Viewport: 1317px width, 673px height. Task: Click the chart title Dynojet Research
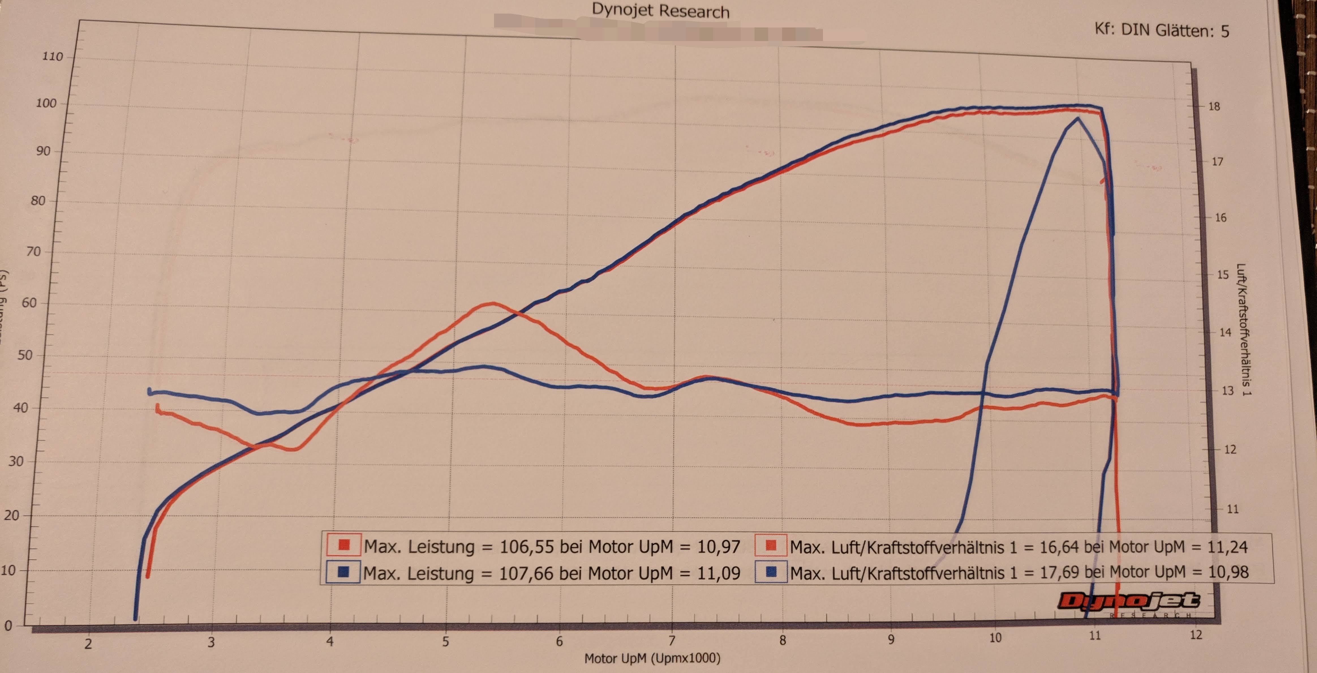pyautogui.click(x=661, y=11)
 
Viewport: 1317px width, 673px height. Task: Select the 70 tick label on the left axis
pyautogui.click(x=33, y=252)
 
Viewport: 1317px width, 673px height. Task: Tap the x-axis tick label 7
pyautogui.click(x=672, y=640)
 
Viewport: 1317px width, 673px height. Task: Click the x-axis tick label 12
pyautogui.click(x=1196, y=635)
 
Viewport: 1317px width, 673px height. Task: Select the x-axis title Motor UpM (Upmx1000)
pyautogui.click(x=652, y=658)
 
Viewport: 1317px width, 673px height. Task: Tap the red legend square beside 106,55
pyautogui.click(x=343, y=545)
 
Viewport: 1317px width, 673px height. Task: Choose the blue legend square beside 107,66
pyautogui.click(x=343, y=572)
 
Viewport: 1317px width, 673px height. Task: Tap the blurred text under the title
pyautogui.click(x=659, y=31)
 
